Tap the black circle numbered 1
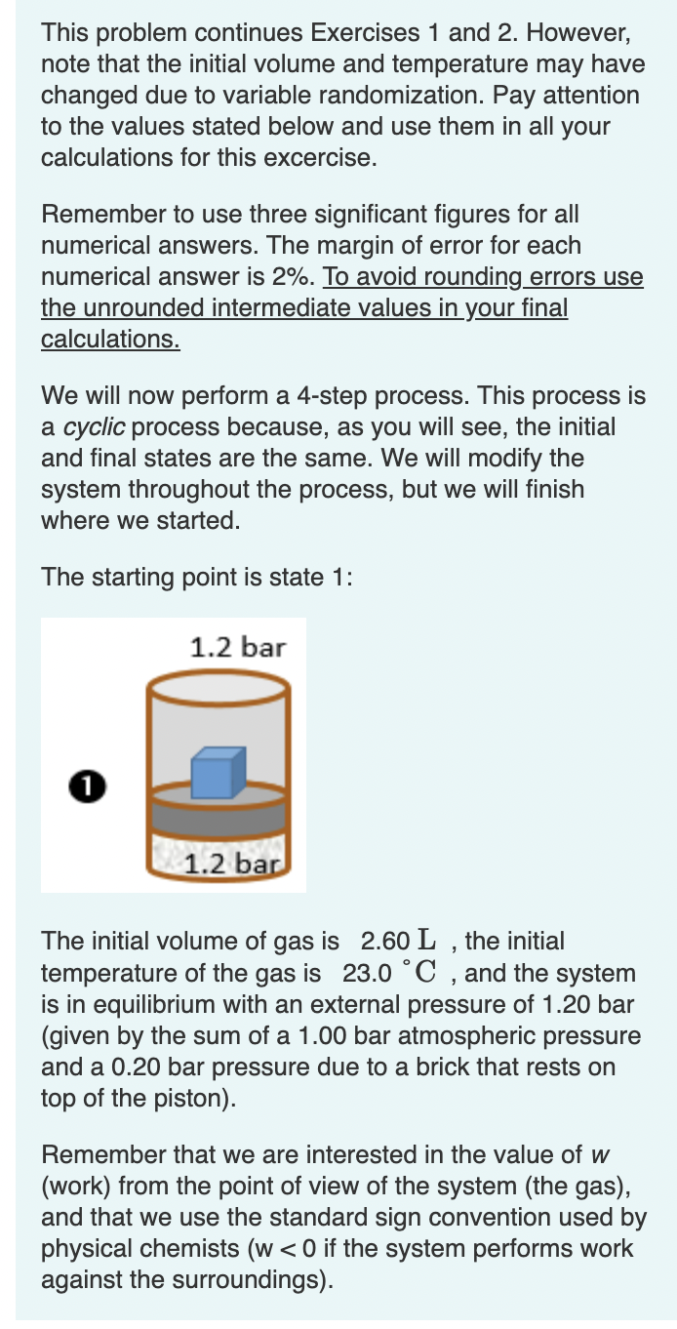coord(87,784)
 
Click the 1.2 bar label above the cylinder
coord(237,647)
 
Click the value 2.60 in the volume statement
coord(384,942)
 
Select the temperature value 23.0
coord(368,973)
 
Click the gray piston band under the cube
coord(218,813)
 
